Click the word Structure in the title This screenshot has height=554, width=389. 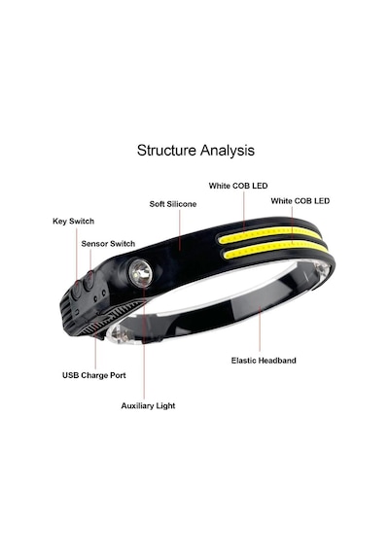coord(166,150)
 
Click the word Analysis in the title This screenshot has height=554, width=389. coord(228,151)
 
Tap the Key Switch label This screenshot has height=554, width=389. coord(73,222)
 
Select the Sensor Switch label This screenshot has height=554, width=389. coord(108,244)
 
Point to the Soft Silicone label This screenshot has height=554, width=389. coord(172,204)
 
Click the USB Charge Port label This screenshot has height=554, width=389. coord(94,375)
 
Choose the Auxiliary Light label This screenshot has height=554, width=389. coord(148,406)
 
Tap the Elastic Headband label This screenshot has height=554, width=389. coord(264,361)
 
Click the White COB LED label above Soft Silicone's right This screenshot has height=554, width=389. coord(238,186)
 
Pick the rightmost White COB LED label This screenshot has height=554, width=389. coord(301,201)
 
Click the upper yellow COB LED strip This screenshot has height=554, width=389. coord(268,233)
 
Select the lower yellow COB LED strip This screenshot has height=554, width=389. coord(276,248)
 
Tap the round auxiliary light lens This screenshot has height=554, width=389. coord(140,273)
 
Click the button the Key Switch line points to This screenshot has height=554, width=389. coord(76,291)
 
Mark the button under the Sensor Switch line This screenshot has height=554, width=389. coord(88,281)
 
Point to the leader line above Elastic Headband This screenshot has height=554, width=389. coord(260,329)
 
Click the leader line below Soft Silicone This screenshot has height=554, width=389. coord(180,230)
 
